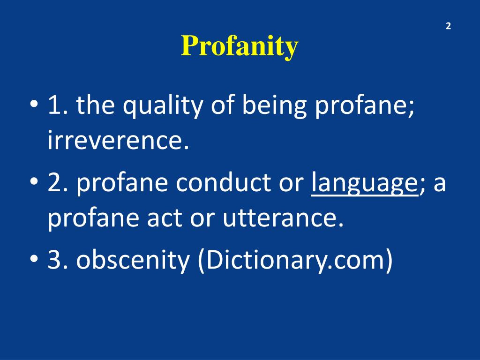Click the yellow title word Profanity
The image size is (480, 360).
coord(240,46)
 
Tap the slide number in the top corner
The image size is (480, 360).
coord(448,26)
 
